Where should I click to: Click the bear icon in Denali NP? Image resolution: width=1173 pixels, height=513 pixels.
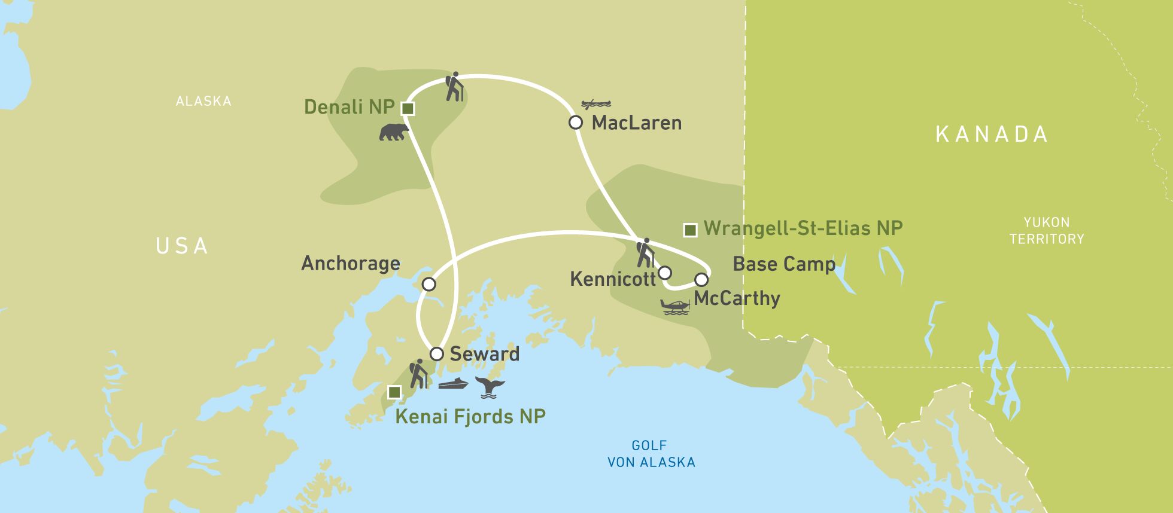(x=394, y=132)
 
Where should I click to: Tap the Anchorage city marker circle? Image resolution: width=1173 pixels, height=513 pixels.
(x=429, y=284)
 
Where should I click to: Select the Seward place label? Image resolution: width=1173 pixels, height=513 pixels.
(x=484, y=353)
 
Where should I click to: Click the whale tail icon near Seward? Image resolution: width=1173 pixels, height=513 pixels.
(x=490, y=387)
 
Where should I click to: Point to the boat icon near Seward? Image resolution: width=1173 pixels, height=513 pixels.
(x=453, y=384)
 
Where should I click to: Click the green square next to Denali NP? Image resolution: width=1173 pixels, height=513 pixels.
(x=408, y=108)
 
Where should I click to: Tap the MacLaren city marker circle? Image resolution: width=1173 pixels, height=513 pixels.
(x=575, y=123)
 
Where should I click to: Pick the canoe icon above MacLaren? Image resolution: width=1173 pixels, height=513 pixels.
(x=596, y=104)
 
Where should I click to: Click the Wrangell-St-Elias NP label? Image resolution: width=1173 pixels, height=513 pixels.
(x=803, y=228)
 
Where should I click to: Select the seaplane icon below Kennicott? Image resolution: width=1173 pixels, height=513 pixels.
(x=676, y=307)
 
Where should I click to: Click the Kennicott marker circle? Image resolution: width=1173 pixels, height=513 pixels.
(x=664, y=273)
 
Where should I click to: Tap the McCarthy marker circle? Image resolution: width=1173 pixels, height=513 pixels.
(x=701, y=279)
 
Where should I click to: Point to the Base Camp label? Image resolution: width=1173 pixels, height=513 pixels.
(x=783, y=264)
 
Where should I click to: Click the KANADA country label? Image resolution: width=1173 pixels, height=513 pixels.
(x=991, y=134)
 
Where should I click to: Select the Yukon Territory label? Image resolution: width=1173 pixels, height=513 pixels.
(x=1046, y=231)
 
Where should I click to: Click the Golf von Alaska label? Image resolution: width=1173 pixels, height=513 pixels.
(x=651, y=454)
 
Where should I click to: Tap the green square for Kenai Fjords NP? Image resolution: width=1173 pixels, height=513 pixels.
(x=394, y=392)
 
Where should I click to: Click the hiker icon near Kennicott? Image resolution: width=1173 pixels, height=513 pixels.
(x=645, y=253)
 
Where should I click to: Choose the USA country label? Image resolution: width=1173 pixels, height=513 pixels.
(x=181, y=246)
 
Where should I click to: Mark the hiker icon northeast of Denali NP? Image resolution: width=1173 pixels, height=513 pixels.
(x=455, y=87)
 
